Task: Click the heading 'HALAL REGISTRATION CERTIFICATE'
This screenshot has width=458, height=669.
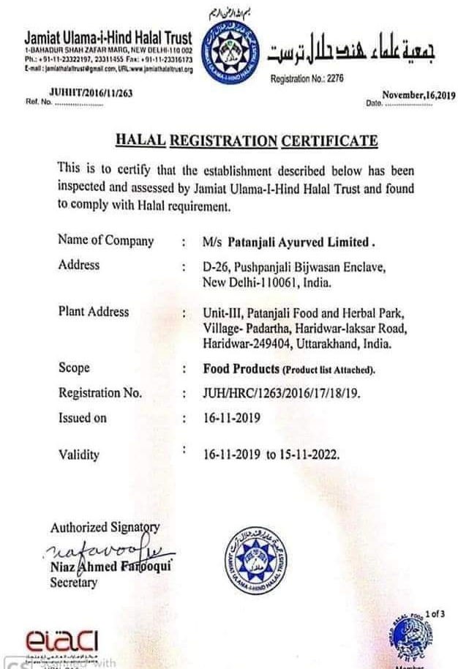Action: pos(247,141)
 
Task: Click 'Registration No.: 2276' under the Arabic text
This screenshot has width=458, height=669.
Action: pos(307,78)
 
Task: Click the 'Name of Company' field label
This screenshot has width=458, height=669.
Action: pos(105,241)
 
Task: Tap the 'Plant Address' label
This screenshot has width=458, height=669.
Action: pos(93,312)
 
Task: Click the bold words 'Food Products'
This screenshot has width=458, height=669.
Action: pos(241,369)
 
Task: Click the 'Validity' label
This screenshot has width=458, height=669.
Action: pos(78,455)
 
